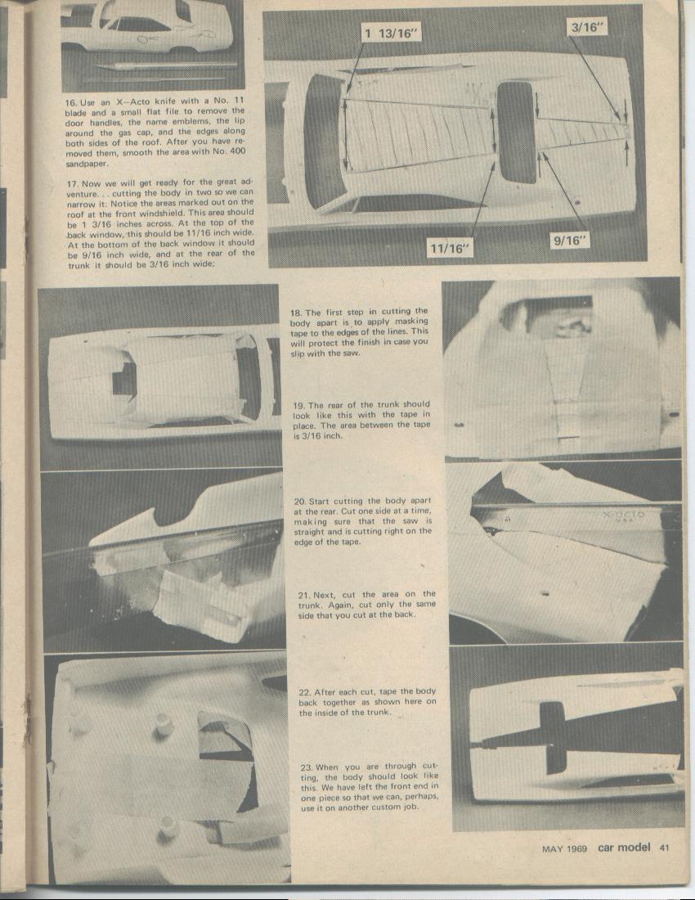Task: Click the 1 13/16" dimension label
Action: pyautogui.click(x=392, y=34)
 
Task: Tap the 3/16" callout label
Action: pyautogui.click(x=588, y=26)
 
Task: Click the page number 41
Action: pyautogui.click(x=664, y=848)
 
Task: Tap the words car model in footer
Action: pyautogui.click(x=624, y=848)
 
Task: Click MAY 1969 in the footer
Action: pyautogui.click(x=564, y=849)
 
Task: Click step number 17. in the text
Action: pyautogui.click(x=72, y=182)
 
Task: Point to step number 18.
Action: pyautogui.click(x=297, y=312)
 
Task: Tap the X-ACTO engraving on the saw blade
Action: pyautogui.click(x=623, y=516)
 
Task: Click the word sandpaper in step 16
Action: pyautogui.click(x=87, y=164)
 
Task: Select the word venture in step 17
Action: pyautogui.click(x=84, y=193)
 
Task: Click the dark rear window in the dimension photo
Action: pyautogui.click(x=516, y=133)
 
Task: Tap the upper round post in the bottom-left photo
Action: pyautogui.click(x=164, y=723)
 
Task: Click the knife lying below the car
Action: pyautogui.click(x=164, y=65)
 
